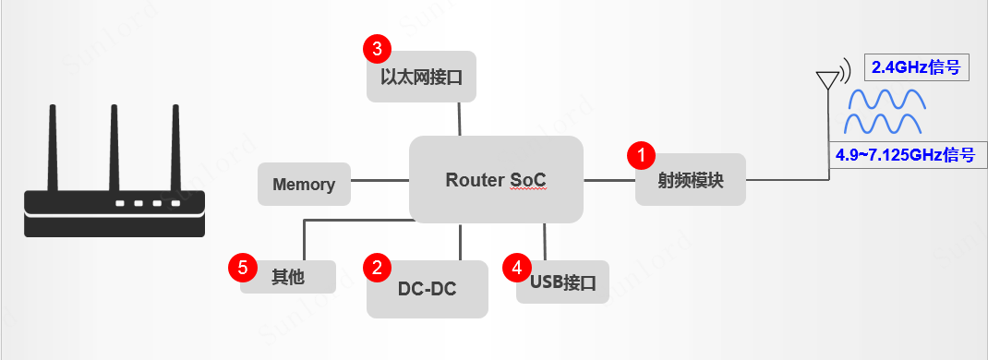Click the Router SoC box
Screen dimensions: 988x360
(x=496, y=179)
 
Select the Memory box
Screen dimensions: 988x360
(x=304, y=184)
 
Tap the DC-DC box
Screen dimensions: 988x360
(x=428, y=289)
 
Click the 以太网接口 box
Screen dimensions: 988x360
(x=421, y=76)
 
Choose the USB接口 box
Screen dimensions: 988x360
(x=562, y=282)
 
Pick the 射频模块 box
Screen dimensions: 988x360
(x=691, y=179)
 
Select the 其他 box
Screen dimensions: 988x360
(x=288, y=277)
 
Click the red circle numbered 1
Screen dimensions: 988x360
(x=642, y=155)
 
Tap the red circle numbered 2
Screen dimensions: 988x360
(x=377, y=268)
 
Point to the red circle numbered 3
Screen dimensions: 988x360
(x=377, y=48)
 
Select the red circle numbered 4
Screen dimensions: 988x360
(x=517, y=268)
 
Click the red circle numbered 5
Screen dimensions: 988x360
(x=242, y=268)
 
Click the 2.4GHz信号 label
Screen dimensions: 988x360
(x=916, y=67)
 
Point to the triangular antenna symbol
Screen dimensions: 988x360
(x=827, y=80)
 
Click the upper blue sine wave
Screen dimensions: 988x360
(x=887, y=100)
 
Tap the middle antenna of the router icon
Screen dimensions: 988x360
(x=114, y=148)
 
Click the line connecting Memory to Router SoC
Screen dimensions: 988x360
(x=380, y=180)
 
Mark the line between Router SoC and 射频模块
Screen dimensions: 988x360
(x=609, y=181)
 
